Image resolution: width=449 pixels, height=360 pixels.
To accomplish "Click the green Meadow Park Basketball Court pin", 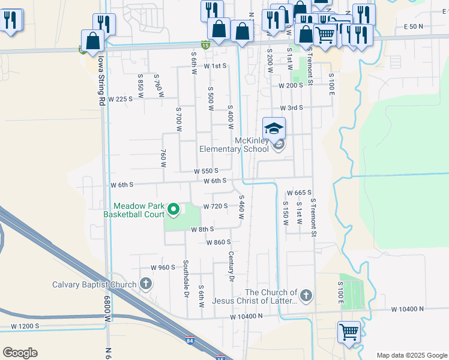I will point(173,209).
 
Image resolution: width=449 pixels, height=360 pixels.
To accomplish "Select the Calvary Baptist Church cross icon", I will point(145,283).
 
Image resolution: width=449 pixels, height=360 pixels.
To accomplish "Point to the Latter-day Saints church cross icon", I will point(306,295).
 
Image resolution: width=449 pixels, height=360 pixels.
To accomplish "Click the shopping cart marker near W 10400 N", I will point(349,331).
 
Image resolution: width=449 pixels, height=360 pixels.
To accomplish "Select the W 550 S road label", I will point(209,172).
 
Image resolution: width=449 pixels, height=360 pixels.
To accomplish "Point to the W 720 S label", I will point(215,206).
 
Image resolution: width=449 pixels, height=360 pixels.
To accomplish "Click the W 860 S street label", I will point(218,242).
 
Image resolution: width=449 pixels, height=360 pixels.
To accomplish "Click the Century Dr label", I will point(231,266).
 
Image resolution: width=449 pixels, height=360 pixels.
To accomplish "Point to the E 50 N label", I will point(414,27).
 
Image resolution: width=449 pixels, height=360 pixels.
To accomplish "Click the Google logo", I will point(20,353).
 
